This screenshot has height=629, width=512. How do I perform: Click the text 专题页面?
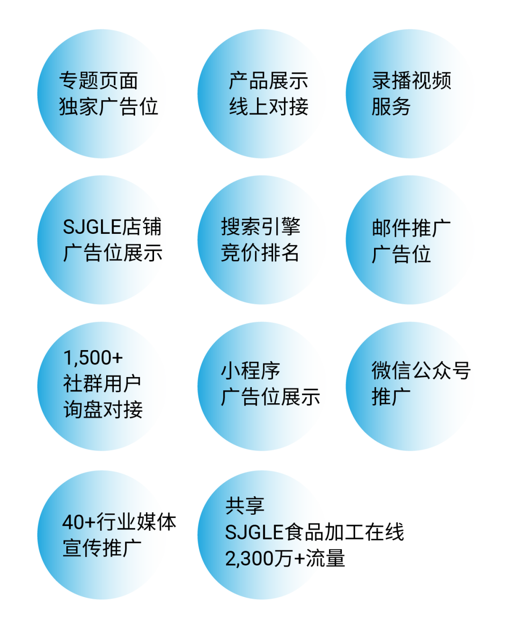click(x=99, y=80)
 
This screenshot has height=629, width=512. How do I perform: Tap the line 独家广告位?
click(x=109, y=106)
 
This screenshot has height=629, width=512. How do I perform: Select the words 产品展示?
click(x=268, y=80)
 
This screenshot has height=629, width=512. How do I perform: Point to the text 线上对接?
click(x=268, y=106)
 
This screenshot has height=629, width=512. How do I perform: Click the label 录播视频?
click(x=411, y=80)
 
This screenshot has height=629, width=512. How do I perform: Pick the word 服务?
click(x=391, y=106)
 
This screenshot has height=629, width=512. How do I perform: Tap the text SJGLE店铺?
click(x=112, y=226)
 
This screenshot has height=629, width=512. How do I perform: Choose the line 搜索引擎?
click(x=261, y=226)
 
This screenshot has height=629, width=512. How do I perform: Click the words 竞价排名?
click(x=260, y=253)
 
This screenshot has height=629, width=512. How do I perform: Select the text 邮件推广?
click(x=411, y=228)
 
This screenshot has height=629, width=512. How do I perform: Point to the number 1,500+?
click(x=93, y=358)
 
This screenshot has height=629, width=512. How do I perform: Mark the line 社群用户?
click(x=102, y=384)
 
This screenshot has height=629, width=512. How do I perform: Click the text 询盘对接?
click(x=103, y=409)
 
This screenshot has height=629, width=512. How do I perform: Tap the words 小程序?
click(x=250, y=371)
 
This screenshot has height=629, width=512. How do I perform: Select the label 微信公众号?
click(x=421, y=370)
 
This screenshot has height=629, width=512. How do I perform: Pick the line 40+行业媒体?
click(x=119, y=522)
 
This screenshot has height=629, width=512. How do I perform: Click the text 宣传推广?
click(x=102, y=548)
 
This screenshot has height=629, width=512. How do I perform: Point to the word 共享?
click(x=245, y=506)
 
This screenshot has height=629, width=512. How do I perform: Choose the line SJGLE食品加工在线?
click(x=314, y=532)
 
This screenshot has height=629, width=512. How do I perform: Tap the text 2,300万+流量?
click(x=285, y=558)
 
